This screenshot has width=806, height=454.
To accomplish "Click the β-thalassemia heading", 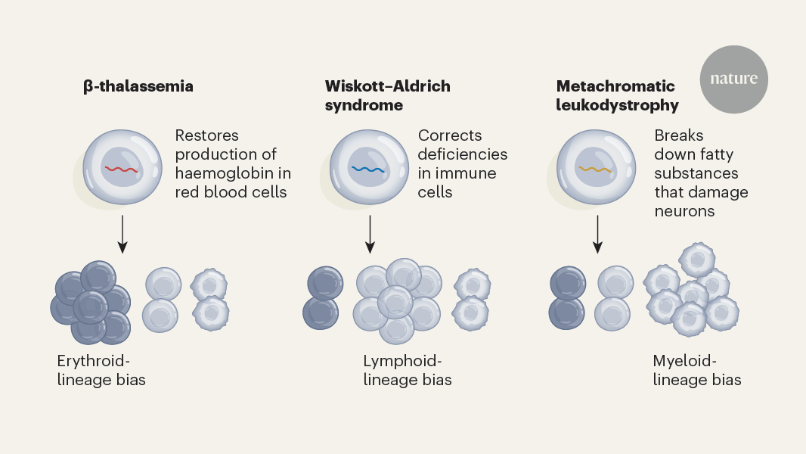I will (138, 86).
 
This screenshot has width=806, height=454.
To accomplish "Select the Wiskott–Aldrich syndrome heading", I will (387, 95).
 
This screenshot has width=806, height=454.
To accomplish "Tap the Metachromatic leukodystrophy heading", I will (617, 95).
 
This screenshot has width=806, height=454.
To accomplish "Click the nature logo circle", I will (733, 79).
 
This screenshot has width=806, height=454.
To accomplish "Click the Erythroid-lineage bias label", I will (101, 370).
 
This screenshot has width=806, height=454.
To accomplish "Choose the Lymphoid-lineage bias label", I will (407, 370).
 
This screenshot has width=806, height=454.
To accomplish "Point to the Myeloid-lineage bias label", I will (696, 370).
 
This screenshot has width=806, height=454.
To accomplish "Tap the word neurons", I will (684, 211).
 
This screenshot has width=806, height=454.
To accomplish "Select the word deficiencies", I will (462, 154).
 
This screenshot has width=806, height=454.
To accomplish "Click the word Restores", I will (206, 135).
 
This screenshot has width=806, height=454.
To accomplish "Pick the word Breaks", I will (678, 135).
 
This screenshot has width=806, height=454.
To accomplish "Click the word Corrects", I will (449, 135).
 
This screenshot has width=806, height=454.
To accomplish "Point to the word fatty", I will (715, 154).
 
